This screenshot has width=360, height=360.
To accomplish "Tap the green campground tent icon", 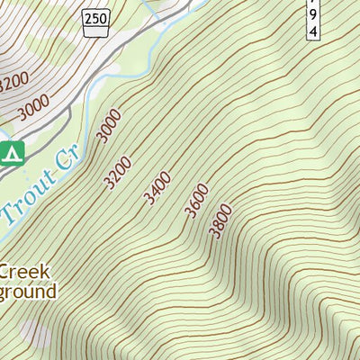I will pyautogui.click(x=10, y=154).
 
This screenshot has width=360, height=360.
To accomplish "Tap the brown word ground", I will pyautogui.click(x=27, y=292).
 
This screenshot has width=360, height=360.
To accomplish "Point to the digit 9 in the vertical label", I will pyautogui.click(x=313, y=15).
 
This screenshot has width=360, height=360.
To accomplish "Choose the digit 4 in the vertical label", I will pyautogui.click(x=313, y=31).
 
